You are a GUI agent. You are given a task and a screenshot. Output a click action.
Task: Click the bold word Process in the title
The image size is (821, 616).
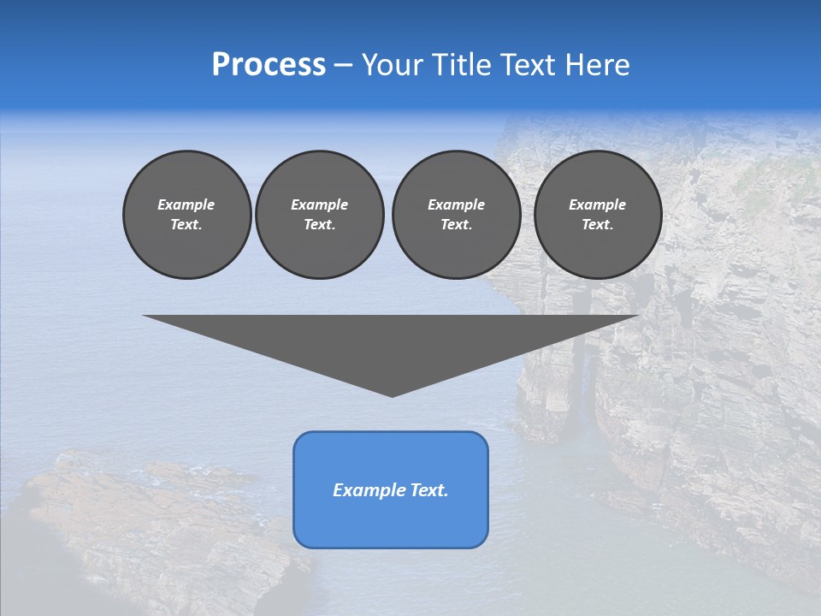pyautogui.click(x=269, y=65)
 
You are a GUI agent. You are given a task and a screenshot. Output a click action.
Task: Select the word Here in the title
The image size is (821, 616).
pyautogui.click(x=597, y=65)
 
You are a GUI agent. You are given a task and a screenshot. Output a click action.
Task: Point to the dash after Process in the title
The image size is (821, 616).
pyautogui.click(x=344, y=66)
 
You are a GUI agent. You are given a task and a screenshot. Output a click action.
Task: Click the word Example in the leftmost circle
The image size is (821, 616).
pyautogui.click(x=186, y=204)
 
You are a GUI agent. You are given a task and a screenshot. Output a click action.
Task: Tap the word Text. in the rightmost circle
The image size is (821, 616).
pyautogui.click(x=597, y=225)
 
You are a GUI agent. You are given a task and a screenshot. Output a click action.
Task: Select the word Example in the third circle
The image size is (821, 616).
pyautogui.click(x=456, y=204)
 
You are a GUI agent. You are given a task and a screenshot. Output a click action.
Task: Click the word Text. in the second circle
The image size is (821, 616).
pyautogui.click(x=319, y=225)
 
